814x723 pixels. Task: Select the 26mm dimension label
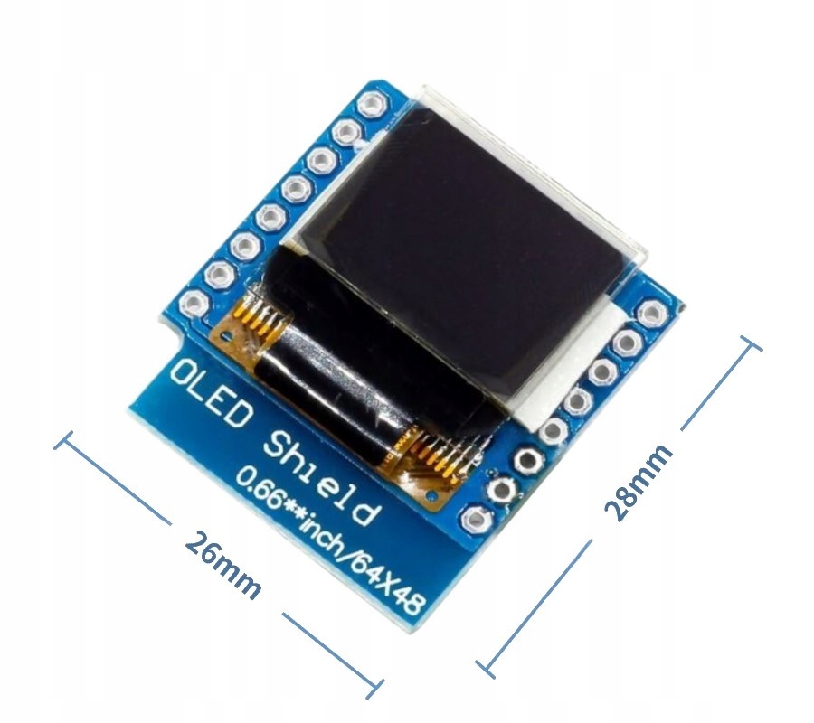click(x=222, y=565)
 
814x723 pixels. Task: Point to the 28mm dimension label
click(x=639, y=482)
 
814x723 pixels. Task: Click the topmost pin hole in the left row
click(x=369, y=105)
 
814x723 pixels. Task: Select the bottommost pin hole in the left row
click(x=193, y=303)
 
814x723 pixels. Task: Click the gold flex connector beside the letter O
click(x=257, y=321)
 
